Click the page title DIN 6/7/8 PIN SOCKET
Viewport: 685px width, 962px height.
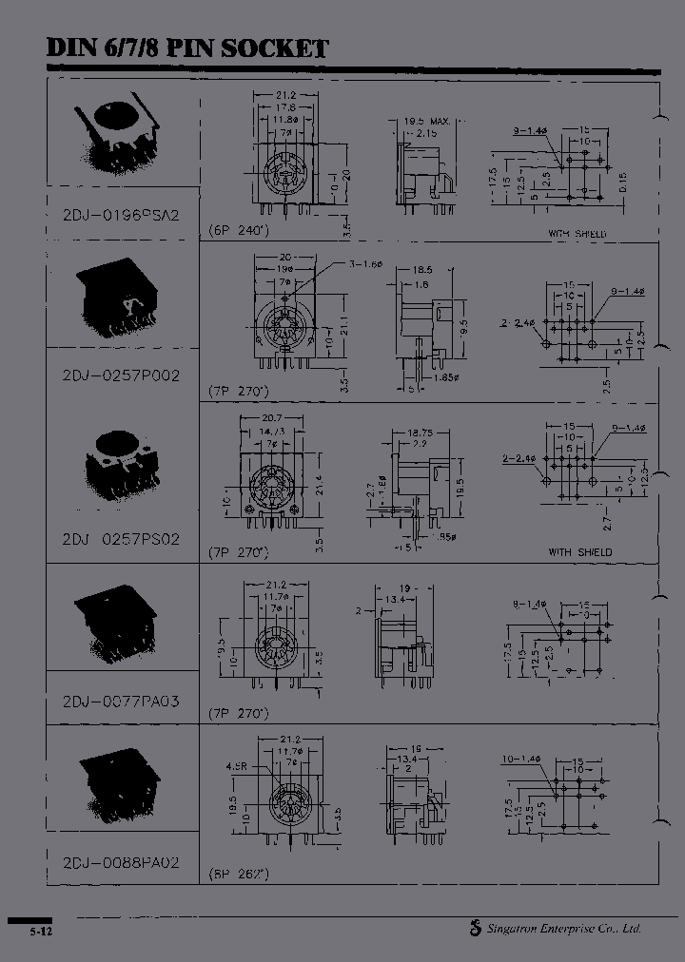(x=188, y=48)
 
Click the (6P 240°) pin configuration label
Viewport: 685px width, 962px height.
(x=239, y=231)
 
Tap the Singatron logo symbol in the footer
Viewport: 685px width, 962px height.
(x=475, y=929)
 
